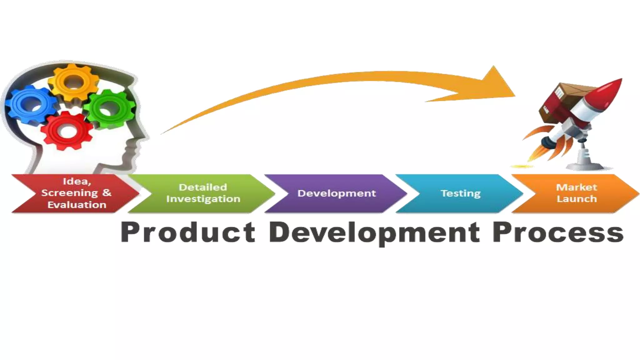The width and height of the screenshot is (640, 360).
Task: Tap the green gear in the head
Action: coord(110,109)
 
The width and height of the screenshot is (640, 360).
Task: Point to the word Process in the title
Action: coord(558,233)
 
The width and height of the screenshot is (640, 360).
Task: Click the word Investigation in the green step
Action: coord(203,199)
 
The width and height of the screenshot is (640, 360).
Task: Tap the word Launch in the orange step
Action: coord(577,199)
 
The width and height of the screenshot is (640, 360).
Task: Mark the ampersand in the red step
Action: coord(107,193)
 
